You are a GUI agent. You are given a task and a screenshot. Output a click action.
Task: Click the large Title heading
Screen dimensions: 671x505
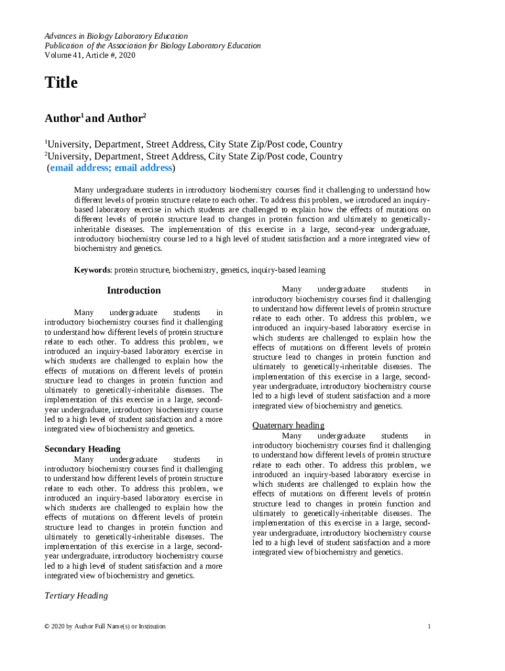tap(61, 83)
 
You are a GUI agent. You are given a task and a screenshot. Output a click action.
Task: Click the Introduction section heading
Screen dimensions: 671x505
tap(133, 290)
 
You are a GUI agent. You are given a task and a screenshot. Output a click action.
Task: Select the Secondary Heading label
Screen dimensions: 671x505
tap(82, 449)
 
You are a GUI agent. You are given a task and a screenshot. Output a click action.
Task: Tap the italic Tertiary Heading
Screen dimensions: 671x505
tap(75, 596)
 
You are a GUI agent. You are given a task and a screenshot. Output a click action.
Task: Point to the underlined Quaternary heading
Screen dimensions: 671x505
tap(288, 425)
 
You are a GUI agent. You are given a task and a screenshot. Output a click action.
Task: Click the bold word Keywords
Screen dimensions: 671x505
tap(92, 270)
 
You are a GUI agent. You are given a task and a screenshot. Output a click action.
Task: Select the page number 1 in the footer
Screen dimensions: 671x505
tap(428, 626)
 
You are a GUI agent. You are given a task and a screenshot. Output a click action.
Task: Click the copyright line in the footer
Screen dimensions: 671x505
tap(105, 626)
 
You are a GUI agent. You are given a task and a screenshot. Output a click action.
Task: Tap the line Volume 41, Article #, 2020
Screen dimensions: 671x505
tap(90, 56)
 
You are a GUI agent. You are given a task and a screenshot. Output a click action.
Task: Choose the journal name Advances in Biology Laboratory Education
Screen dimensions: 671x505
tap(116, 36)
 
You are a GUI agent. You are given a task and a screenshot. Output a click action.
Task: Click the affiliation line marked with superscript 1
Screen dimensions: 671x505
tap(193, 145)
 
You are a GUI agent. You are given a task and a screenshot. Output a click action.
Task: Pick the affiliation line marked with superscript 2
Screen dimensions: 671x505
tap(193, 157)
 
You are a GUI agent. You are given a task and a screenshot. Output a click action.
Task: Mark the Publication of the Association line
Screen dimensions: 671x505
tap(152, 46)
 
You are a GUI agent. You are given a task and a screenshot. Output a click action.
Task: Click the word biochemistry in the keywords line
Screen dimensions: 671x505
tap(194, 270)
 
